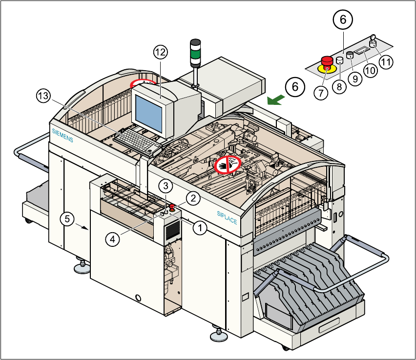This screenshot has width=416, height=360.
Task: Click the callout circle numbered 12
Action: [161, 52]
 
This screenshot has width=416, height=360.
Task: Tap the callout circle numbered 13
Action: [43, 96]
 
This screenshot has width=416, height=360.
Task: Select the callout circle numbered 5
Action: [67, 219]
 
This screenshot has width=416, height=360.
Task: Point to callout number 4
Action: [113, 240]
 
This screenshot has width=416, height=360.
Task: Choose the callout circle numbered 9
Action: [355, 79]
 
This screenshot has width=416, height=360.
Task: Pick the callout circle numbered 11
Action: [386, 62]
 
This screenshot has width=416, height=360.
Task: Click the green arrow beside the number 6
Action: [276, 100]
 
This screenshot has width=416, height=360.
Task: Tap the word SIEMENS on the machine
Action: [62, 136]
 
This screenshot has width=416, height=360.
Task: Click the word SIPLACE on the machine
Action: [227, 218]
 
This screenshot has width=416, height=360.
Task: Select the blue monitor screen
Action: [149, 114]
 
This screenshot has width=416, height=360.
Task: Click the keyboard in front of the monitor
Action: [135, 141]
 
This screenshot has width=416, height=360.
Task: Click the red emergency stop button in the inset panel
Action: [327, 62]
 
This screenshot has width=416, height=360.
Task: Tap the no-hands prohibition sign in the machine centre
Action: [228, 164]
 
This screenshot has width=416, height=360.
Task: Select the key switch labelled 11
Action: [373, 41]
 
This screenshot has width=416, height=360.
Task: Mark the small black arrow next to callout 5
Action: [83, 227]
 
